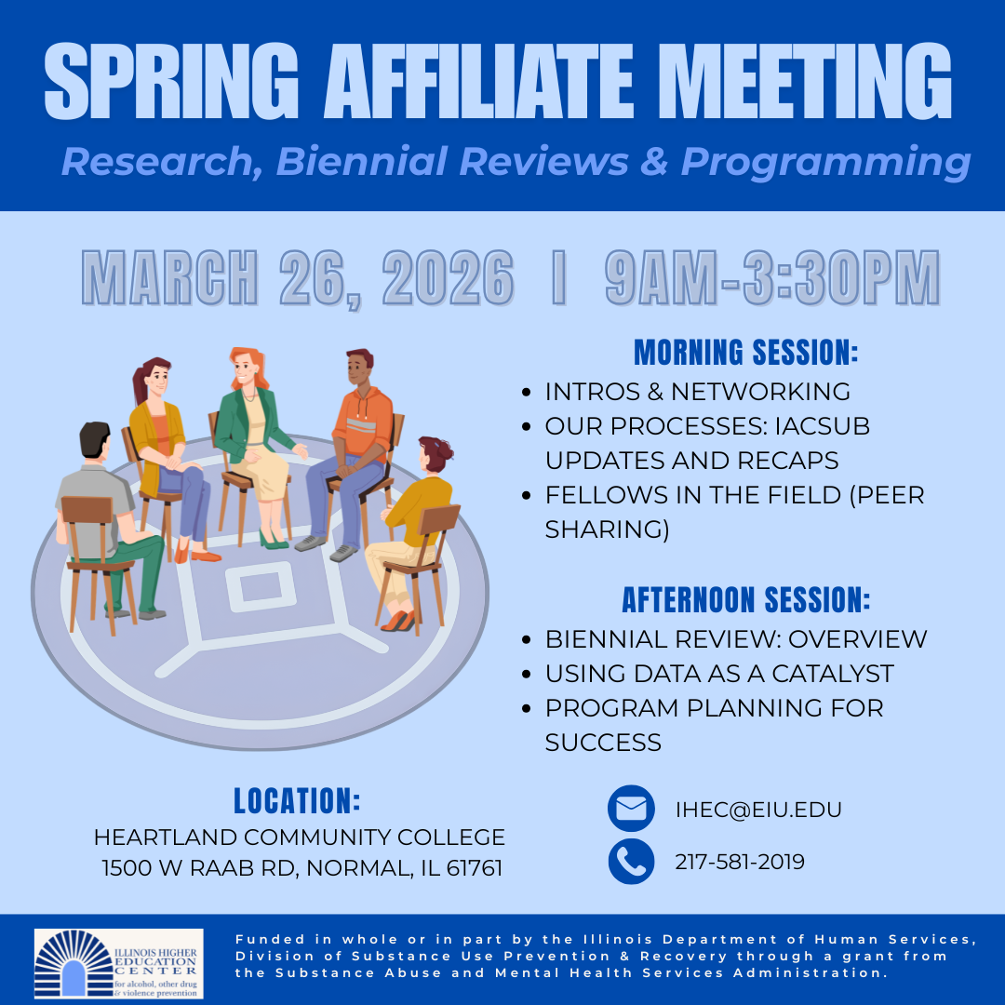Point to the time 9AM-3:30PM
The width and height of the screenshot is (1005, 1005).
coord(772,277)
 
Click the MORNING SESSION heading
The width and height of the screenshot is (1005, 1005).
coord(745,353)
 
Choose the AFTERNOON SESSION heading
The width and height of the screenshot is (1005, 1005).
coord(745,600)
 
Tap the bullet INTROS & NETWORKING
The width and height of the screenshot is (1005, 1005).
coord(697,391)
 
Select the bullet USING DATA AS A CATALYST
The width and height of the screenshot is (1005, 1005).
coord(719,673)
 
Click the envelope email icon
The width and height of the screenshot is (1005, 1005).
coord(631,809)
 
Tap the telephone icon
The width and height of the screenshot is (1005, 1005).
coord(631,862)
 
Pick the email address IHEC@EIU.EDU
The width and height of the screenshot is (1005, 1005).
coord(758,810)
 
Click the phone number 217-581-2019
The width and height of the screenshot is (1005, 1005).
coord(740,863)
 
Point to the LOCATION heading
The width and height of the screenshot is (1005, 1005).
coord(297,801)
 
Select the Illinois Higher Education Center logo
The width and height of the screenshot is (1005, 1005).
coord(118,963)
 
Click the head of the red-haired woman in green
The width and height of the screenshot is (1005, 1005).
coord(245,367)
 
